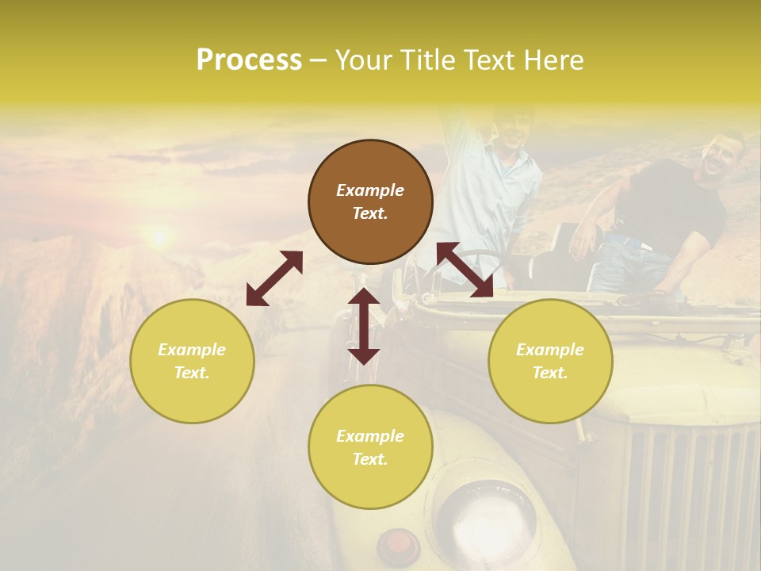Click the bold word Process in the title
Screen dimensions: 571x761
[x=249, y=60]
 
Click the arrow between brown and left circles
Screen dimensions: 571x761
[x=274, y=278]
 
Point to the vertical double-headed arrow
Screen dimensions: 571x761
[x=364, y=326]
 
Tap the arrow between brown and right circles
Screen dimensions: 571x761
[x=465, y=270]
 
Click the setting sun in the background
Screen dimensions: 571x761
[x=159, y=236]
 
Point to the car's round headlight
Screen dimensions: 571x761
[x=484, y=515]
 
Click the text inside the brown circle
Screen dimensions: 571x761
[x=370, y=201]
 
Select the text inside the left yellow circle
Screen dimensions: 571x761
[x=192, y=361]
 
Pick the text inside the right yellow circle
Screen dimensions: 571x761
[x=550, y=361]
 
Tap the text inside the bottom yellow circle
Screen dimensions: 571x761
[x=370, y=447]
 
